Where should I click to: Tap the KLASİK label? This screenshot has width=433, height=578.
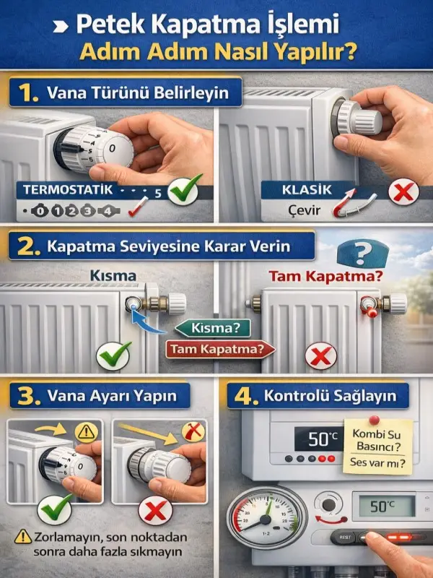tap(307, 190)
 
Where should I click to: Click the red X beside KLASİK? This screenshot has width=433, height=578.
tap(400, 192)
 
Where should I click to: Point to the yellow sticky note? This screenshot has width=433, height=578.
tap(377, 445)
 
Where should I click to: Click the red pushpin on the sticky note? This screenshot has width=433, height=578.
tap(374, 419)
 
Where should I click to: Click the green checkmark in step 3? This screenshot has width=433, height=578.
tap(56, 511)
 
